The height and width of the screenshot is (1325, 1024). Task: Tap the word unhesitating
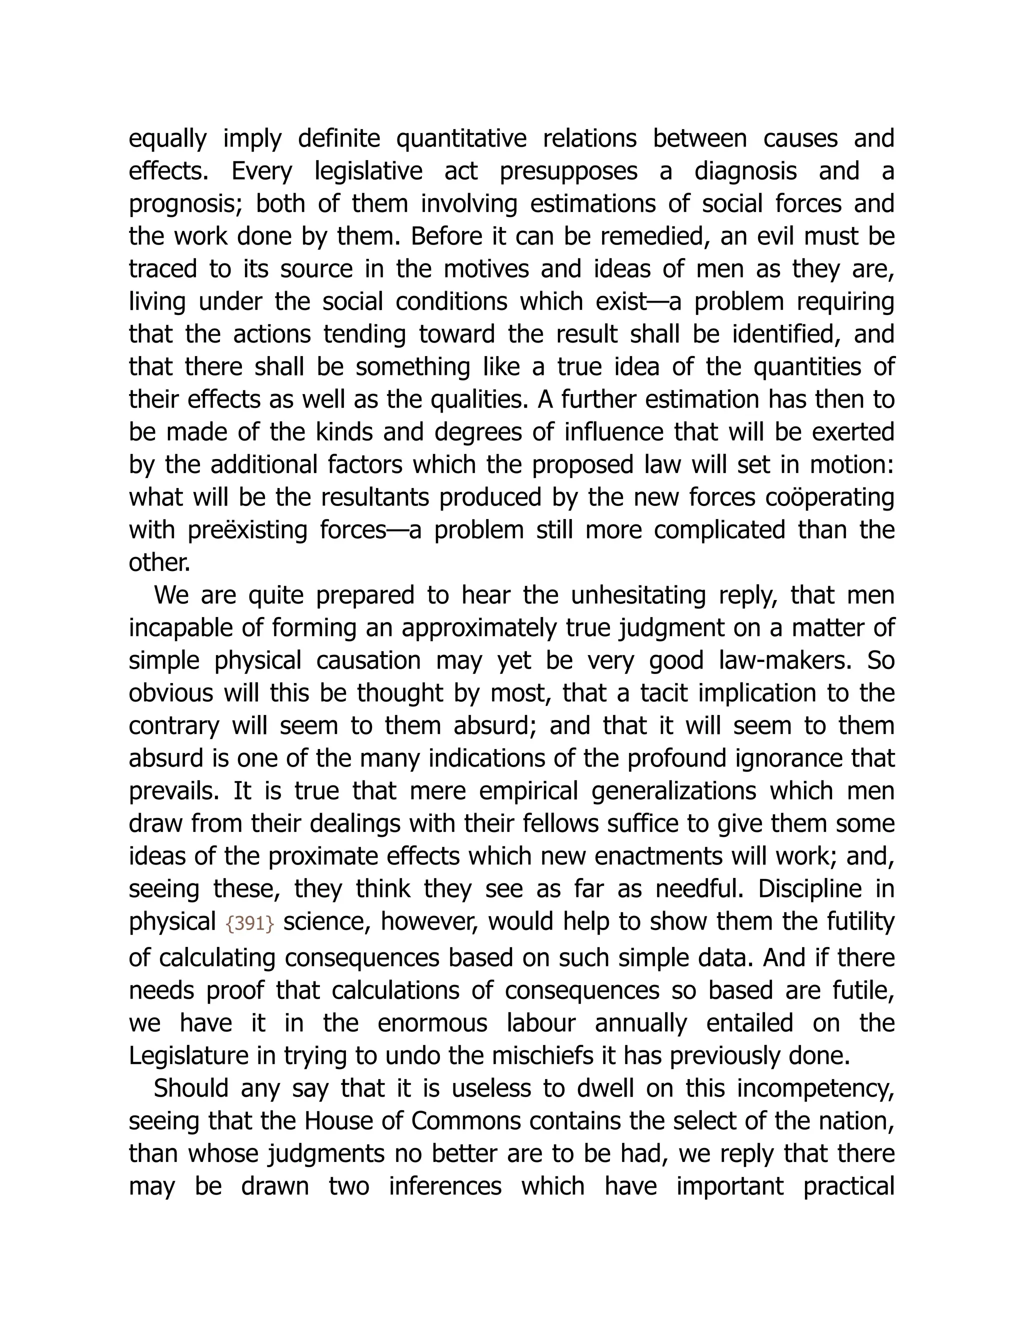tap(638, 595)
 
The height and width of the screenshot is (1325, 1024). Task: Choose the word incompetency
tap(816, 1089)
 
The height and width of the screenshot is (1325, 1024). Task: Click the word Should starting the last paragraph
tap(190, 1088)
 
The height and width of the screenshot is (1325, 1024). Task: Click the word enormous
tap(432, 1023)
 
